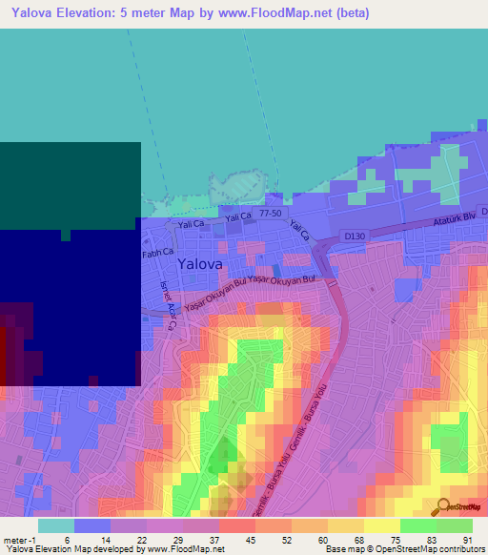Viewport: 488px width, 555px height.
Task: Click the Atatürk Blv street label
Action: [448, 216]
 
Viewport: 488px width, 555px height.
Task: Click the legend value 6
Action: [68, 539]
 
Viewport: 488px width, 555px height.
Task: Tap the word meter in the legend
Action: [14, 539]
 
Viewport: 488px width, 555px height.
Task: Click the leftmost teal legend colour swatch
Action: [56, 525]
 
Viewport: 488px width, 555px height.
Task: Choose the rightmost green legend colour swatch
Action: [455, 525]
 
